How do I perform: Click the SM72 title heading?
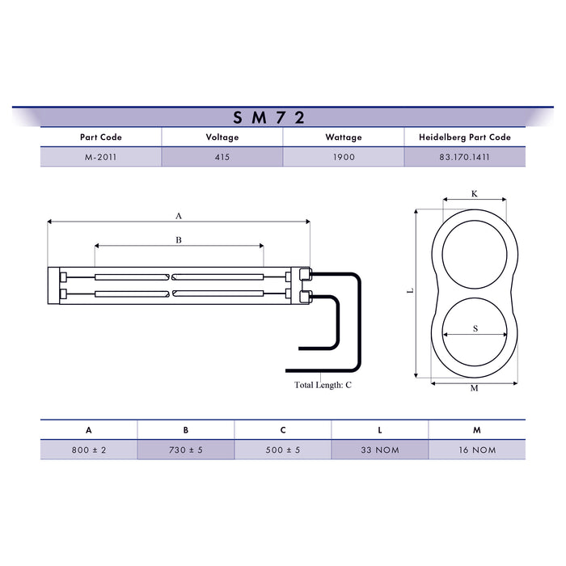point(269,117)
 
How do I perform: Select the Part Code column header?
point(101,137)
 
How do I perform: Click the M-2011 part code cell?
point(101,158)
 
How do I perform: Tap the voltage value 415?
point(222,158)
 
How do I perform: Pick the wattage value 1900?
point(344,158)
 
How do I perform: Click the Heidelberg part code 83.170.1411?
point(465,158)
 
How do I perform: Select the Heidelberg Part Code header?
point(465,137)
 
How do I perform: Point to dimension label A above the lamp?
point(179,215)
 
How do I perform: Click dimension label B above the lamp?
point(179,240)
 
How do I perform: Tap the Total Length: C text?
point(323,385)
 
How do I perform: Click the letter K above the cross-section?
point(475,194)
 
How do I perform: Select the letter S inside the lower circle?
point(475,328)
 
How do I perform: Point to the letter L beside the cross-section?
point(410,292)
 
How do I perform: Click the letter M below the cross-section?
point(475,388)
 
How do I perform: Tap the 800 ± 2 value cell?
point(89,450)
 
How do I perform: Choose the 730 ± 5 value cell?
point(186,450)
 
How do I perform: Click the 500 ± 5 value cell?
point(283,450)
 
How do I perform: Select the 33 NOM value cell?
point(380,450)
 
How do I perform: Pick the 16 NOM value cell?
point(477,450)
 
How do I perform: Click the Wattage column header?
point(344,137)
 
